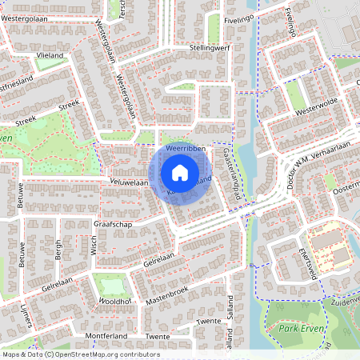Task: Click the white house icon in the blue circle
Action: (180, 172)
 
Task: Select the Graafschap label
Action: (110, 226)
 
